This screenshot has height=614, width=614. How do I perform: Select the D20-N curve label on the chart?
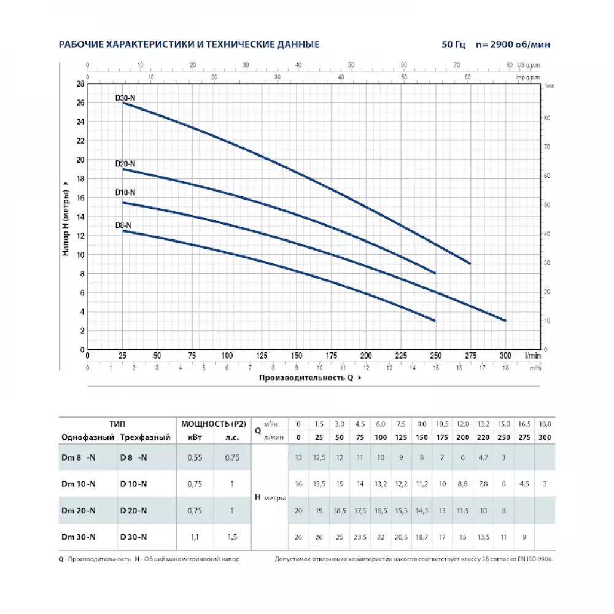[125, 164]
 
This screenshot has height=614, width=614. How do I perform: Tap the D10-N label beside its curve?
[125, 192]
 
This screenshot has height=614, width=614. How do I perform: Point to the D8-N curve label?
[123, 225]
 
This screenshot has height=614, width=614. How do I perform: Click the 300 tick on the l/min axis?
[505, 356]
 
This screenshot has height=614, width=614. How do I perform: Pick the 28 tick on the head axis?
[80, 84]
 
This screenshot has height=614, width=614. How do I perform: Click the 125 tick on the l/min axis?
[262, 356]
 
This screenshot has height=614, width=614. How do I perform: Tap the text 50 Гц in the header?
[453, 45]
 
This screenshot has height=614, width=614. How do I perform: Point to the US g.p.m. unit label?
[529, 64]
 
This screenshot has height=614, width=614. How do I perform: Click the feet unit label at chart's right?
[549, 87]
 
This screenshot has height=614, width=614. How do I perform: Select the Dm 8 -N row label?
[79, 457]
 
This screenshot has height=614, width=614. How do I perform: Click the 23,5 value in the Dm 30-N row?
[360, 537]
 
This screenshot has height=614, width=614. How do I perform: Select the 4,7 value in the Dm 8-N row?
[483, 457]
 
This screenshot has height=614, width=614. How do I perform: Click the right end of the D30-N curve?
[470, 263]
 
